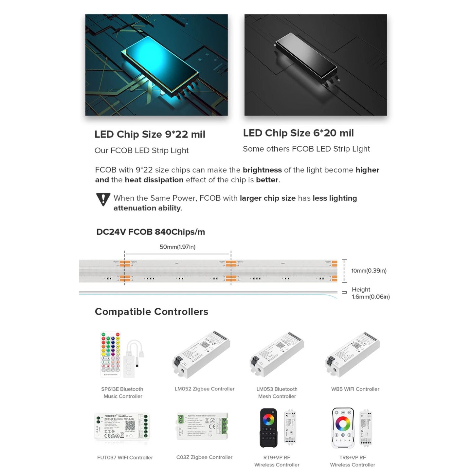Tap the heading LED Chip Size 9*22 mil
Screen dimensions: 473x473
pyautogui.click(x=150, y=134)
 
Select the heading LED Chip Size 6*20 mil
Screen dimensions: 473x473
pyautogui.click(x=298, y=133)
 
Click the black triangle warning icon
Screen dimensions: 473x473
pyautogui.click(x=103, y=199)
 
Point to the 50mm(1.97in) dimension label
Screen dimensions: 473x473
pyautogui.click(x=177, y=247)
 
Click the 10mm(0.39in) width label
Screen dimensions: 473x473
pyautogui.click(x=369, y=271)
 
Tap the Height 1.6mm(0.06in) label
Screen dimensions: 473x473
pyautogui.click(x=371, y=293)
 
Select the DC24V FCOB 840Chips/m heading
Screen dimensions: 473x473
pyautogui.click(x=151, y=232)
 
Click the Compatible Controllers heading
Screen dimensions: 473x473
pyautogui.click(x=151, y=312)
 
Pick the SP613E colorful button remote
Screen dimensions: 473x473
pyautogui.click(x=111, y=354)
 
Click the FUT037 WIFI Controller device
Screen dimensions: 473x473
pyautogui.click(x=122, y=426)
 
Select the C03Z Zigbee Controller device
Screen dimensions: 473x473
pyautogui.click(x=202, y=426)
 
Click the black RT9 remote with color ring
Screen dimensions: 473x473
pyautogui.click(x=268, y=428)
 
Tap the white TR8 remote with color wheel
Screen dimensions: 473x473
pyautogui.click(x=343, y=428)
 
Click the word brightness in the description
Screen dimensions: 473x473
pyautogui.click(x=262, y=170)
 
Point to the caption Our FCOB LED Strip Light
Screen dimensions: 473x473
pyautogui.click(x=141, y=151)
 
